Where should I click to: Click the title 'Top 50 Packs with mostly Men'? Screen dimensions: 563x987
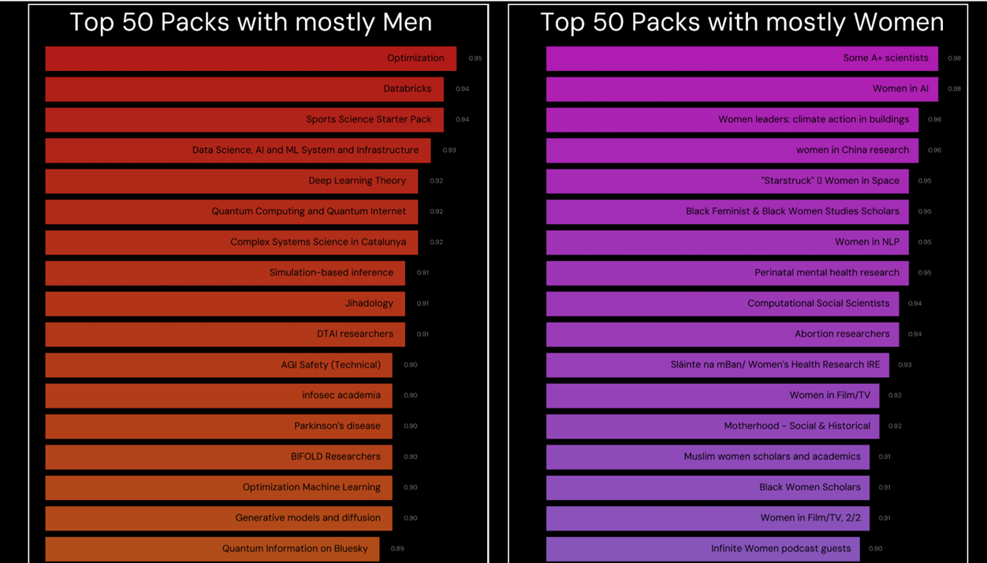251,22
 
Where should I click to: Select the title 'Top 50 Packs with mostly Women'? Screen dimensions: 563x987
742,22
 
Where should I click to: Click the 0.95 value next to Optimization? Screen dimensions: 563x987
475,58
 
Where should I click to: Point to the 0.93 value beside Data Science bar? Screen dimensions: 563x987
449,150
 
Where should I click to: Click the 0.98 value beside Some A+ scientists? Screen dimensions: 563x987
954,58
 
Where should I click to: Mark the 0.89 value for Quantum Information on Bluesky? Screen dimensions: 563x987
397,549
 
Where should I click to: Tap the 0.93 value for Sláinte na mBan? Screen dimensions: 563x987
905,365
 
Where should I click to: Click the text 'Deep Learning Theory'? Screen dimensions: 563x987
357,181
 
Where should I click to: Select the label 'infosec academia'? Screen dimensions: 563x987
341,395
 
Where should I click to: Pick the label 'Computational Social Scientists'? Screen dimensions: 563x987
818,304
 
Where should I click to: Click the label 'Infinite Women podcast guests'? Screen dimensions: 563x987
780,549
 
